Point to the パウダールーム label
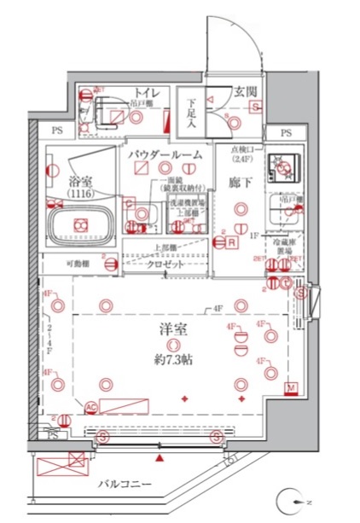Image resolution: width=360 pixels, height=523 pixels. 165,154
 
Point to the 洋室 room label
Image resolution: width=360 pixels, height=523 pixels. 174,328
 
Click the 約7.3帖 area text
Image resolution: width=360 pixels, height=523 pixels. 174,359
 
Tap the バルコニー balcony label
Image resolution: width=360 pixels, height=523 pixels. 124,484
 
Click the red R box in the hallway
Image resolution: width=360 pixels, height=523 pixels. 231,242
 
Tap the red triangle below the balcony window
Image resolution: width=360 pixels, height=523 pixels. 159,458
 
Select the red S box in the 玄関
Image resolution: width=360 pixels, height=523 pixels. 254,107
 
